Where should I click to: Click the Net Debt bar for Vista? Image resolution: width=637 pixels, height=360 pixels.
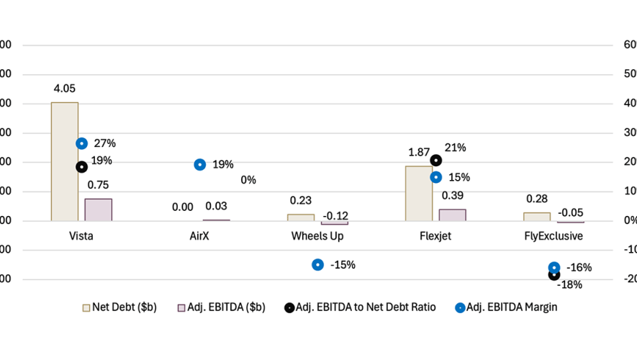[65, 161]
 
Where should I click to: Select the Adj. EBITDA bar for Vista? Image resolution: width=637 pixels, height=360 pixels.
[98, 210]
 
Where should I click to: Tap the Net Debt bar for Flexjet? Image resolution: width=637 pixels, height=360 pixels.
[419, 193]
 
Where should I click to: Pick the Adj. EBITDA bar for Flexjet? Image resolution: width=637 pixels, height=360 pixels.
[452, 215]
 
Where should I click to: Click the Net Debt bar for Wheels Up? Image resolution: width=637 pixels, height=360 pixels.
[301, 217]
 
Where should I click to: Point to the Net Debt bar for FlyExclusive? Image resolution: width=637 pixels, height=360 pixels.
[537, 216]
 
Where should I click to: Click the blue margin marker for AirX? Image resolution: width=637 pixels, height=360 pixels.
[200, 165]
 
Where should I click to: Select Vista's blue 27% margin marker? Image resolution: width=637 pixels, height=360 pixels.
[82, 144]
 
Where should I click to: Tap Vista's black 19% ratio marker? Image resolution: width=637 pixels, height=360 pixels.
[82, 167]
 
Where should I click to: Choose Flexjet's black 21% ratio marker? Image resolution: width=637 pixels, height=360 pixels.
[436, 161]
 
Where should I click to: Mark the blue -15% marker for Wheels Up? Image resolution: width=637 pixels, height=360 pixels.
[317, 265]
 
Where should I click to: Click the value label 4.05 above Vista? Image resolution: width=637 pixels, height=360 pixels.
[64, 89]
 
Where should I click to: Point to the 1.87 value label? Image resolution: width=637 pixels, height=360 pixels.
[420, 153]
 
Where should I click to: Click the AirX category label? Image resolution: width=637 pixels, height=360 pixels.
[199, 236]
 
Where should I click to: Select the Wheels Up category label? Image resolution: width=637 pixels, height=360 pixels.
[317, 236]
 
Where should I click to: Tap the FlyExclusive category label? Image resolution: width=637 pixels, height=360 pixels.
[554, 236]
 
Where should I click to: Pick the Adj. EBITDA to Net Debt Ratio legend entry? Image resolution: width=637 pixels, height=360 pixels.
[359, 307]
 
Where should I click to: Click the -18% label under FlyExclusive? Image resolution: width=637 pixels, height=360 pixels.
[569, 284]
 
